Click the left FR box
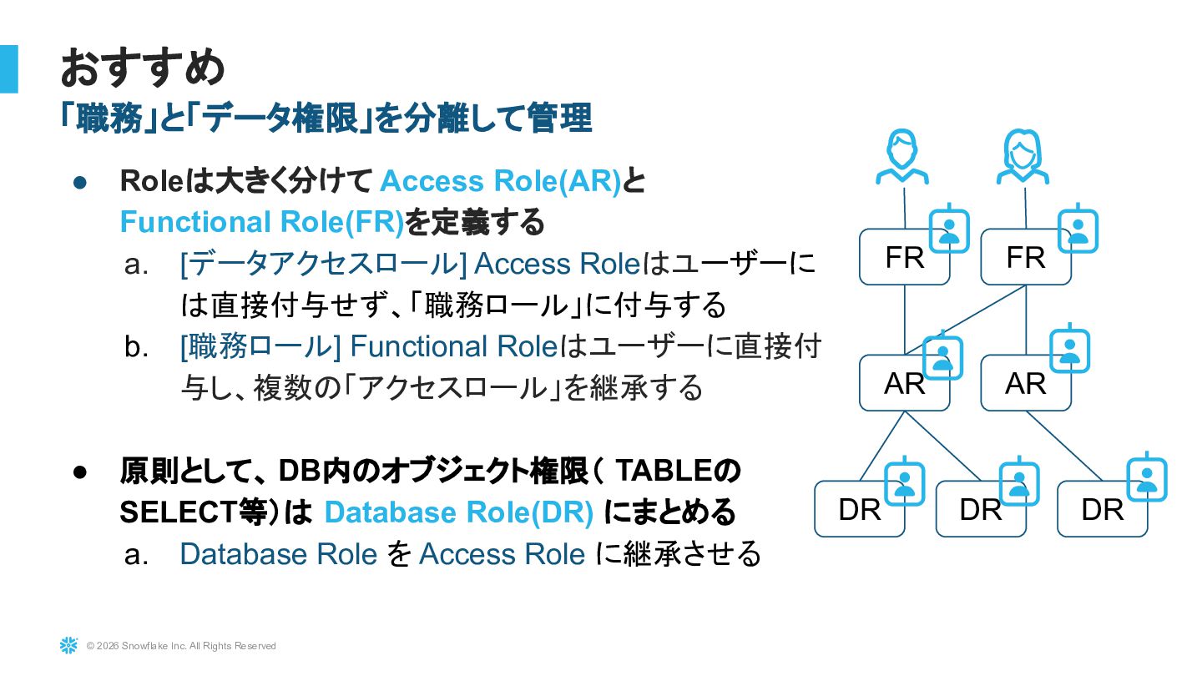(x=904, y=257)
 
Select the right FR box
(x=1025, y=257)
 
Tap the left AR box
(x=904, y=383)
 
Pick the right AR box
(x=1025, y=383)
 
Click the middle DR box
(x=980, y=509)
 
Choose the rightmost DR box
(x=1102, y=509)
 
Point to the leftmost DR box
(x=859, y=509)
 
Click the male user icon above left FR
(x=902, y=157)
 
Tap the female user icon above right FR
(x=1023, y=157)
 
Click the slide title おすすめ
(x=143, y=68)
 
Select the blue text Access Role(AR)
(x=500, y=181)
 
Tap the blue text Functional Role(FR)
(x=261, y=222)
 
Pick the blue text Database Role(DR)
(x=458, y=512)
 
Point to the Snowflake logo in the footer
(x=68, y=645)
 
